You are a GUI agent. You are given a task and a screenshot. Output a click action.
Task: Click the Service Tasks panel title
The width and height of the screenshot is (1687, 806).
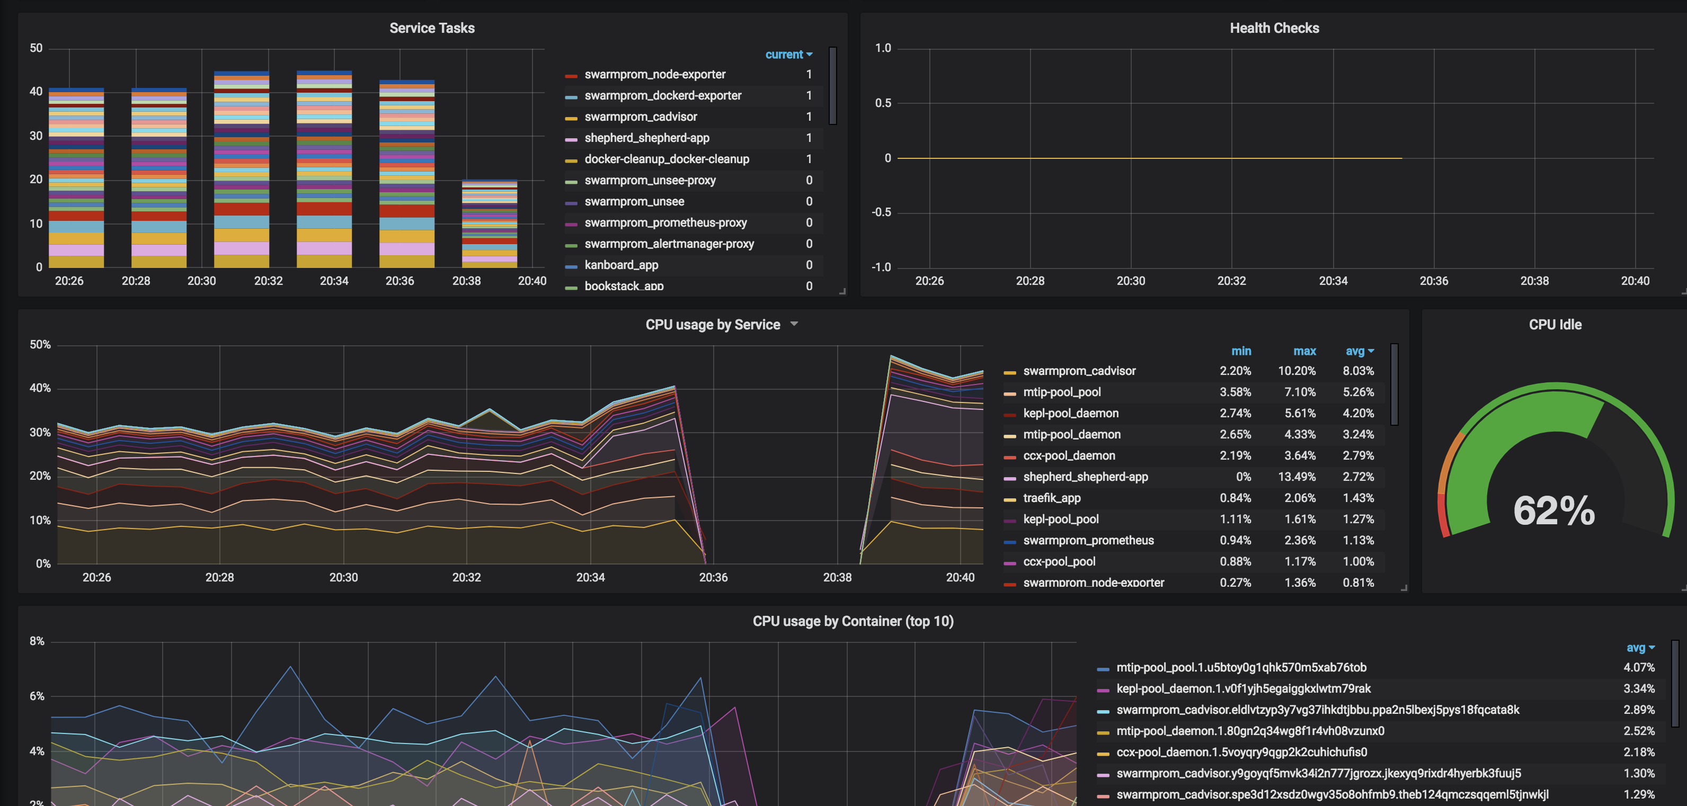pyautogui.click(x=432, y=28)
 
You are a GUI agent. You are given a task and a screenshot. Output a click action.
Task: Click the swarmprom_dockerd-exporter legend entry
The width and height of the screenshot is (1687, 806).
pyautogui.click(x=662, y=96)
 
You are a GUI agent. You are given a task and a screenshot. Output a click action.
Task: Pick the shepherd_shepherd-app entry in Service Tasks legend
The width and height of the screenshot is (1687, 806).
pyautogui.click(x=646, y=138)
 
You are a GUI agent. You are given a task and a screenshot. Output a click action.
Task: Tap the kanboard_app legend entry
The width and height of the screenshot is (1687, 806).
pyautogui.click(x=621, y=265)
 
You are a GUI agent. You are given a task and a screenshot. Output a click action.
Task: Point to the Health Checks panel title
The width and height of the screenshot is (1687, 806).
pyautogui.click(x=1274, y=28)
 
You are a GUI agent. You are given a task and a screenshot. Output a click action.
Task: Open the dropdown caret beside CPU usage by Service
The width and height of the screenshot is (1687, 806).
pyautogui.click(x=794, y=324)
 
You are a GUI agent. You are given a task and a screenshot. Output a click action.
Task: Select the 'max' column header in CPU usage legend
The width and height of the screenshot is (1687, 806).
pyautogui.click(x=1304, y=352)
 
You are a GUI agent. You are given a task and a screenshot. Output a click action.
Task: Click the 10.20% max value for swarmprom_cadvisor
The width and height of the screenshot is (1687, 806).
pyautogui.click(x=1296, y=371)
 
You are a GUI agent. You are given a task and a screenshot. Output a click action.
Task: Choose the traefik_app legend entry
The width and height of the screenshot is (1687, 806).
pyautogui.click(x=1052, y=498)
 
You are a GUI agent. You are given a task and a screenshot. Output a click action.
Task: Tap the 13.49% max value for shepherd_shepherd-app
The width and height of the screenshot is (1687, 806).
pyautogui.click(x=1296, y=477)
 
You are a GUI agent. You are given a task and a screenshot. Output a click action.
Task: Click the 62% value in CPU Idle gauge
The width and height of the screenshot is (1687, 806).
pyautogui.click(x=1553, y=511)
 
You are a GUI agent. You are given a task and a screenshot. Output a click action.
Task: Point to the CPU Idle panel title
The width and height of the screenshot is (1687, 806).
pyautogui.click(x=1555, y=325)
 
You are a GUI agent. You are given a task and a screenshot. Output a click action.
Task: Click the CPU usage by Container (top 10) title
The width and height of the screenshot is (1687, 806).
pyautogui.click(x=853, y=621)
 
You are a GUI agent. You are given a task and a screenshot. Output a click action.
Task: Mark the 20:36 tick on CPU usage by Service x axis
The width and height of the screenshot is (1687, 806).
pyautogui.click(x=713, y=577)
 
